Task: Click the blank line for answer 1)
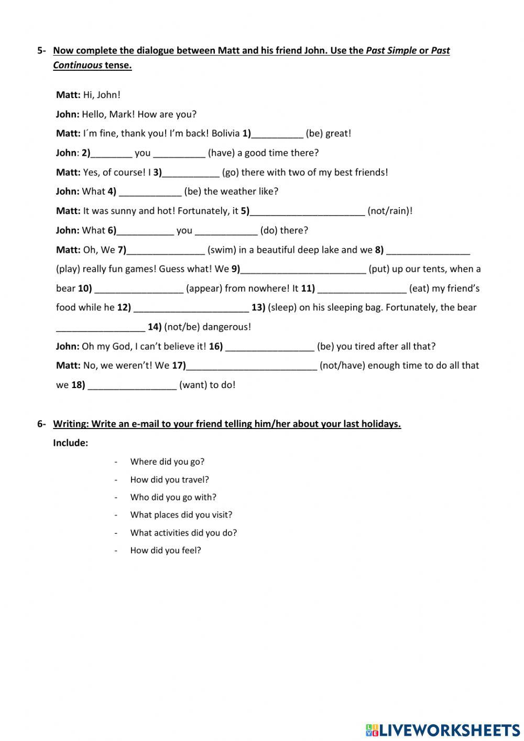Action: (x=277, y=134)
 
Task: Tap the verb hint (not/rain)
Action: (x=390, y=211)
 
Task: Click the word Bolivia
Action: (x=225, y=133)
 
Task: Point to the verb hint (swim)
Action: (x=222, y=250)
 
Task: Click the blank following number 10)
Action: (x=139, y=289)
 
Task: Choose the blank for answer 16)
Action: (x=270, y=347)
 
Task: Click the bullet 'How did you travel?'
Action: (x=169, y=479)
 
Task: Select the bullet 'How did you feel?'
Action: (x=166, y=550)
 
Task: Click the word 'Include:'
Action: (x=70, y=443)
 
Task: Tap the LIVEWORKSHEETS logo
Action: (x=443, y=729)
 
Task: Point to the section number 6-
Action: (x=41, y=424)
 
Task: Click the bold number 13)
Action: (x=258, y=307)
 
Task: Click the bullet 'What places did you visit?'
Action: (x=181, y=514)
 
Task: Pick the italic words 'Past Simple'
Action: (x=391, y=50)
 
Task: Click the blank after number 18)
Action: (x=132, y=385)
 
